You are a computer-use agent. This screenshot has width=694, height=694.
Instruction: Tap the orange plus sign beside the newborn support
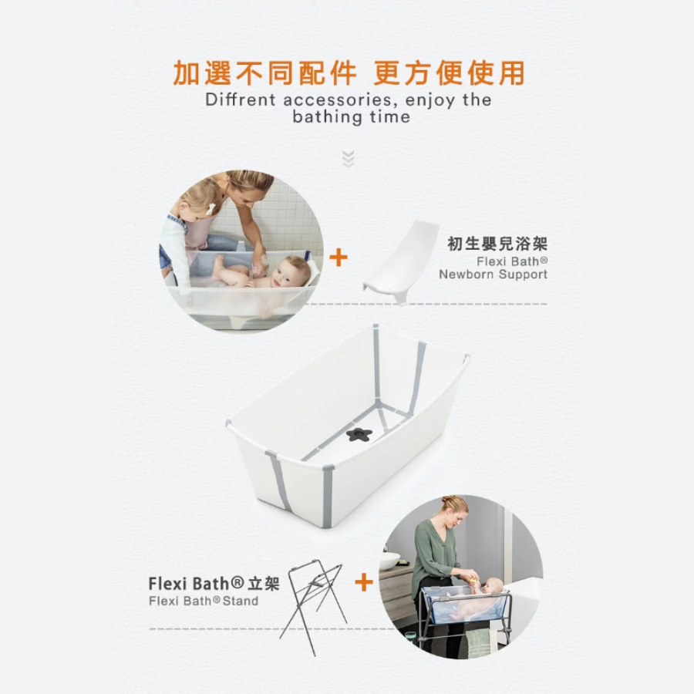click(x=339, y=258)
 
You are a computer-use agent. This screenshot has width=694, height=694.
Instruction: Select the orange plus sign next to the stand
click(x=364, y=582)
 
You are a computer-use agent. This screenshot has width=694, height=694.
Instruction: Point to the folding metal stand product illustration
click(x=313, y=608)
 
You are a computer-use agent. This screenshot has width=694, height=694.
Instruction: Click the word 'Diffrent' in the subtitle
click(x=241, y=99)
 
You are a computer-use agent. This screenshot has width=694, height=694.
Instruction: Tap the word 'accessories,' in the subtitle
click(x=338, y=99)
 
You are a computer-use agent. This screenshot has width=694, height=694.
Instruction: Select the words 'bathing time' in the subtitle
click(x=352, y=117)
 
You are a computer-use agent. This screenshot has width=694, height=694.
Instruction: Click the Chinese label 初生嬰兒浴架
click(x=497, y=244)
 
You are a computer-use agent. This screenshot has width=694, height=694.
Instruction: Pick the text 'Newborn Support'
click(x=493, y=275)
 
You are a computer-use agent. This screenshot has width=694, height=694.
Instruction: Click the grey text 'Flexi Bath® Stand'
click(x=204, y=601)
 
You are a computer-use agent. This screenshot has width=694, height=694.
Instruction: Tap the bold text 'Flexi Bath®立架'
click(x=214, y=584)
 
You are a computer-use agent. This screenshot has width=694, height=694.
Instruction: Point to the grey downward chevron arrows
click(x=349, y=158)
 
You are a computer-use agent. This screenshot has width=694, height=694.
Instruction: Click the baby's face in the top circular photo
click(x=293, y=273)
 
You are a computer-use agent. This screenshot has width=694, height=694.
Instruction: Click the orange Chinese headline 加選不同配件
click(x=264, y=73)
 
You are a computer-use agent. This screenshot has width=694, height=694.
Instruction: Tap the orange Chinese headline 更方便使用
click(x=449, y=73)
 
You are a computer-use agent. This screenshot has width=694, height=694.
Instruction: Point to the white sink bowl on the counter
click(x=389, y=561)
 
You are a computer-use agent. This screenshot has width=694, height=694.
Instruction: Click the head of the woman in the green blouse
click(x=453, y=510)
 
